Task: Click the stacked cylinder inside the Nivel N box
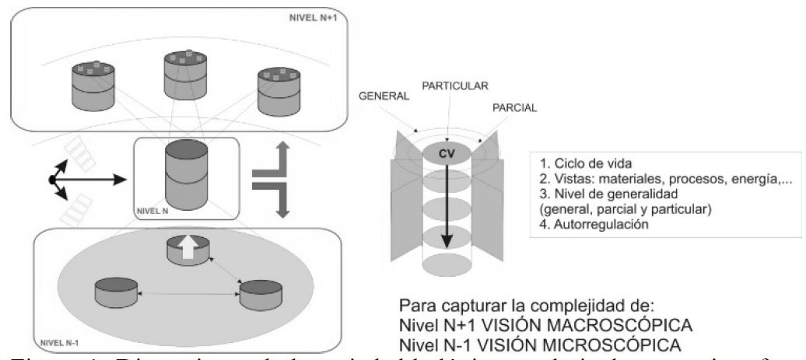pyautogui.click(x=185, y=175)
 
